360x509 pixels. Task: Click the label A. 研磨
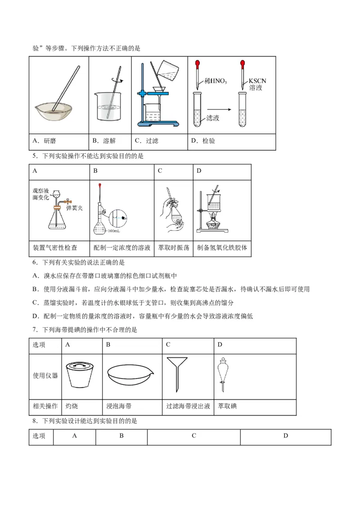click(44, 141)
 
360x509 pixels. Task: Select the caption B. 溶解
click(104, 141)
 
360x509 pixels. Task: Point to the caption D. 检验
click(203, 141)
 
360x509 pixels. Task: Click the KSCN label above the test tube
click(257, 81)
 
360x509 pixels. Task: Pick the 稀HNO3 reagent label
click(216, 81)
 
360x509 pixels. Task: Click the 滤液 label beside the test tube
click(212, 118)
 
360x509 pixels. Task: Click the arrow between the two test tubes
click(219, 109)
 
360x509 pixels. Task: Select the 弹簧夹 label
click(75, 208)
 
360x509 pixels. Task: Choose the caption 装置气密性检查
click(55, 248)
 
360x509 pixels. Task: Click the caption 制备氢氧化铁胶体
click(222, 248)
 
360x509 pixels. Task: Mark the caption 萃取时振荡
click(174, 248)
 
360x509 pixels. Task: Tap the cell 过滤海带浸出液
click(188, 406)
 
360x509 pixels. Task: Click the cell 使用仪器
click(45, 375)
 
